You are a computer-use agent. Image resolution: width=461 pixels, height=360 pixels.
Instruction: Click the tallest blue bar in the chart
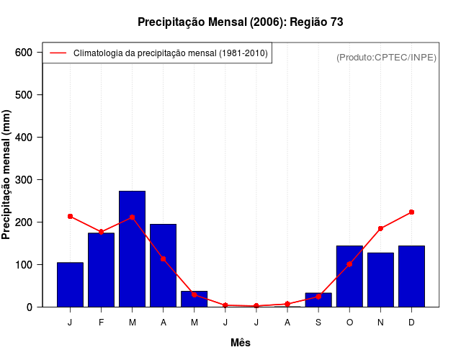click(x=133, y=248)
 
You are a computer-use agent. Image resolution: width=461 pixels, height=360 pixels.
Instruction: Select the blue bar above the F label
click(x=101, y=270)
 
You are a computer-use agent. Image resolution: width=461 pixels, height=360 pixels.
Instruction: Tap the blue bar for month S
click(x=318, y=300)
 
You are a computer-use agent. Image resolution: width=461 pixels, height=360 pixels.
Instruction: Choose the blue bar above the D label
click(x=411, y=276)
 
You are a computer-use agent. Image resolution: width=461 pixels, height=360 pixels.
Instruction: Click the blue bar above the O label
click(x=349, y=276)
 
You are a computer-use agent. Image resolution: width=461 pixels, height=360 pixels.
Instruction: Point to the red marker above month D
click(x=411, y=212)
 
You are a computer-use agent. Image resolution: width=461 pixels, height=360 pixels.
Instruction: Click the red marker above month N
click(x=380, y=228)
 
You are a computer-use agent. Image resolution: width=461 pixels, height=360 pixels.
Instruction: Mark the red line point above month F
click(x=101, y=232)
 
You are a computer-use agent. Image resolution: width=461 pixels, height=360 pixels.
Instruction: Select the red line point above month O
click(x=349, y=264)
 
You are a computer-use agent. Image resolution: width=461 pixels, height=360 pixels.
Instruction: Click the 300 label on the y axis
click(x=24, y=180)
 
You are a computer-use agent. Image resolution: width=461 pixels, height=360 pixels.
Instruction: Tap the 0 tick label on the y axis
click(x=30, y=307)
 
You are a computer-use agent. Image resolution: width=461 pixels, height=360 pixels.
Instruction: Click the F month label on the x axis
click(x=101, y=323)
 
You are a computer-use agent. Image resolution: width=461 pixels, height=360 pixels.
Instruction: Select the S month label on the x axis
click(x=318, y=323)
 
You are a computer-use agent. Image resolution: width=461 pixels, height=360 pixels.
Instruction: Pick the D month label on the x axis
click(x=411, y=323)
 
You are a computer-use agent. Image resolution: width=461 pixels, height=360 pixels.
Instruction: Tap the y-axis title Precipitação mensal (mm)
click(x=7, y=180)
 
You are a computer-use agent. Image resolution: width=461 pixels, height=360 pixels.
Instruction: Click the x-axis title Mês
click(x=240, y=343)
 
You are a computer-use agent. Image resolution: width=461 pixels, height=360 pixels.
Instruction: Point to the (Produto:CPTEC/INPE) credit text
click(x=386, y=57)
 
